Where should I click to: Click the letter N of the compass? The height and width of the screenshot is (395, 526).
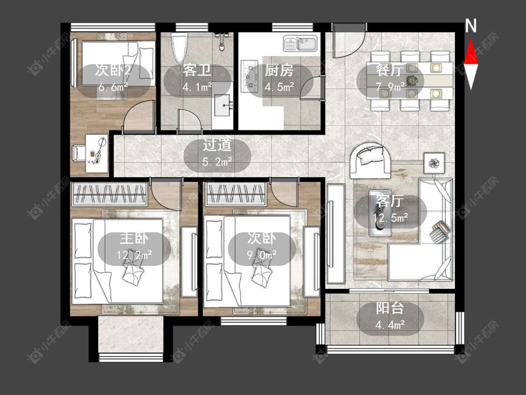pos(471,26)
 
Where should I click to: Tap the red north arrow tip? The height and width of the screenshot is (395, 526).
pos(471,39)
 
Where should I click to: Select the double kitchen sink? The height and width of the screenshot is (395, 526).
pos(300,44)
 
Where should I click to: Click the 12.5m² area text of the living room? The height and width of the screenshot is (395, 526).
pos(390,218)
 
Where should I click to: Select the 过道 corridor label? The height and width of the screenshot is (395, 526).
pos(217,145)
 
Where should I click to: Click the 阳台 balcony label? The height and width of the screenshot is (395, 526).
pos(390,308)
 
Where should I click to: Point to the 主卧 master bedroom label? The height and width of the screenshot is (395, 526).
pos(134,239)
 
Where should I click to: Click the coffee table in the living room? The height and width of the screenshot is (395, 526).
pos(381,213)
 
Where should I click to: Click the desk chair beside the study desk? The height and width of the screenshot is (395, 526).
pos(79,154)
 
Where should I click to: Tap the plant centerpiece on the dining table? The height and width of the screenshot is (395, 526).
pos(411,80)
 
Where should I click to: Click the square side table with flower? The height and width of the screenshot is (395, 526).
pos(434,163)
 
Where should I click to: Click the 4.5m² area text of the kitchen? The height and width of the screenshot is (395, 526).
pos(279,87)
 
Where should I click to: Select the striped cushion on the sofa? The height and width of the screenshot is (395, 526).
pos(440,232)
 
